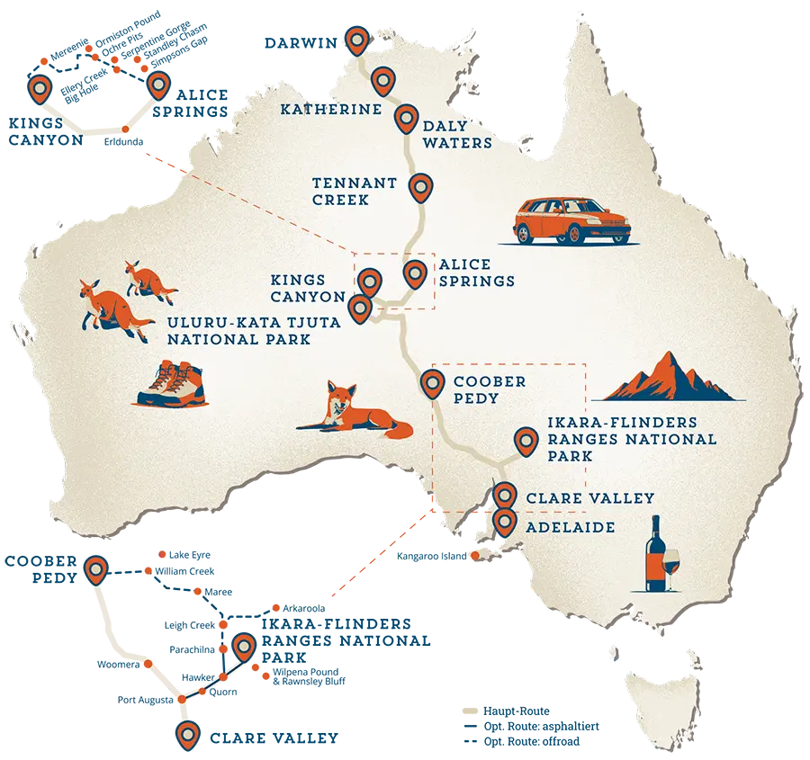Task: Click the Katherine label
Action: (x=325, y=109)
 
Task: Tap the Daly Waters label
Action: (x=457, y=135)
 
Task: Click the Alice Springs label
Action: (x=477, y=273)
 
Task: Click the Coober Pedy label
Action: (x=488, y=389)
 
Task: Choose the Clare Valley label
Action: (x=589, y=497)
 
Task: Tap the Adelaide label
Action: (x=571, y=527)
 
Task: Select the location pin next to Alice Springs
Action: (x=414, y=273)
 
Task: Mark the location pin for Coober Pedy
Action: (x=431, y=383)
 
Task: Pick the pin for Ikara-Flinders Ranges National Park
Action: (x=524, y=441)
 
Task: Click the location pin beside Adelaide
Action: (x=504, y=521)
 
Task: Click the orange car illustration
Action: (x=569, y=221)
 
